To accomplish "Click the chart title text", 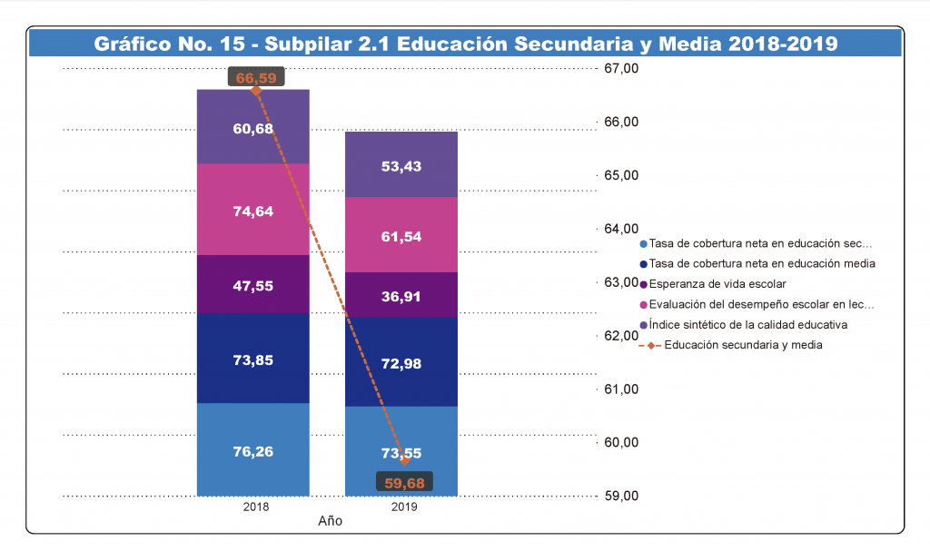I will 465,44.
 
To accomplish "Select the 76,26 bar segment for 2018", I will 253,451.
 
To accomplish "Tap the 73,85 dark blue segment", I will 253,359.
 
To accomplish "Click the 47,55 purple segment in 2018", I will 253,285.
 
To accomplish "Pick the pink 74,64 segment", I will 253,211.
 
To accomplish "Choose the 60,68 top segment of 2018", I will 253,129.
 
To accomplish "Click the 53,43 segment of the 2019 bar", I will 401,165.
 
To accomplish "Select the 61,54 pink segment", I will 401,236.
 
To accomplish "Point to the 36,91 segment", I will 401,296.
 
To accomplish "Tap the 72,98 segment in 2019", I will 401,363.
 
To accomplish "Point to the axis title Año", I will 331,522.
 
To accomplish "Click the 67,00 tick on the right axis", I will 621,69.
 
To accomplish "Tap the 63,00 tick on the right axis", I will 621,282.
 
